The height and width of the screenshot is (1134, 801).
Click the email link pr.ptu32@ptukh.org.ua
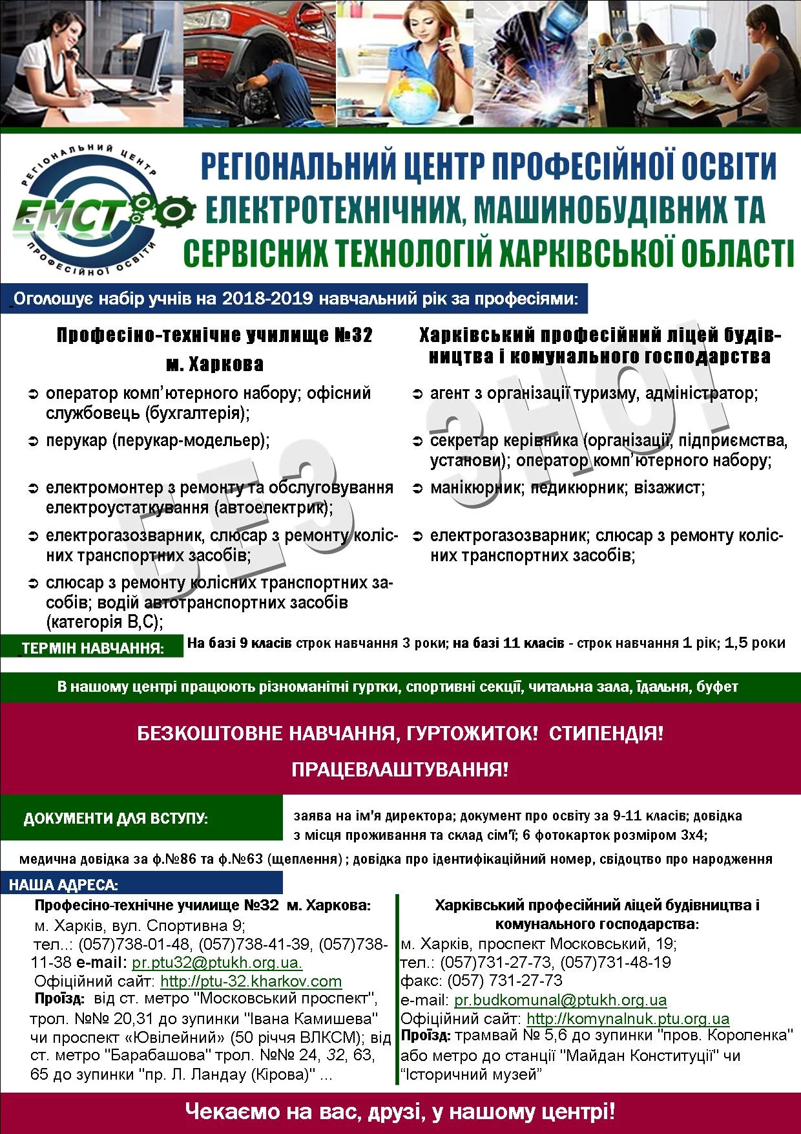(x=217, y=962)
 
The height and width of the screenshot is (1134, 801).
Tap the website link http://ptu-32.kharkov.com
(x=251, y=981)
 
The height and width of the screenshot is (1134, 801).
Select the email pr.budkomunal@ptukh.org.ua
(x=560, y=1000)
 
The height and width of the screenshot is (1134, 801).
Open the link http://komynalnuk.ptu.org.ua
(x=628, y=1019)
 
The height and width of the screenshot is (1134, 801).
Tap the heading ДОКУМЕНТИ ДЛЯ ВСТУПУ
(x=116, y=818)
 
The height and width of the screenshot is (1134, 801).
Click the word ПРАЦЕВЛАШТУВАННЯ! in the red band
(x=400, y=769)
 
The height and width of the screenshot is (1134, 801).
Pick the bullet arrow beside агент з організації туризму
(x=417, y=394)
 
